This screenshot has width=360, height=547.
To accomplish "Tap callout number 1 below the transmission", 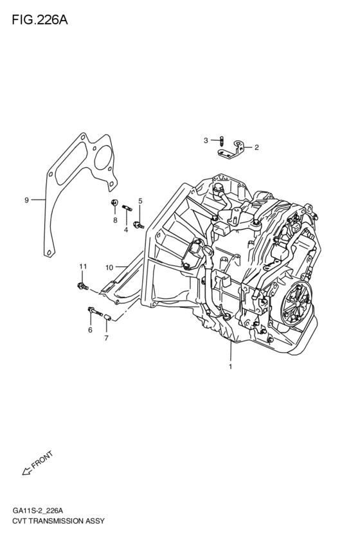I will pyautogui.click(x=230, y=368).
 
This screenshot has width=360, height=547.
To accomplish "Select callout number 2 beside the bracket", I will pyautogui.click(x=256, y=147).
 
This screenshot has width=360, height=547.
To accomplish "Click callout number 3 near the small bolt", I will pyautogui.click(x=206, y=140).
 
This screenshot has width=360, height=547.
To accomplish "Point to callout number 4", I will pyautogui.click(x=126, y=229).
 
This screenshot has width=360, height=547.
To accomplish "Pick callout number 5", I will pyautogui.click(x=140, y=201).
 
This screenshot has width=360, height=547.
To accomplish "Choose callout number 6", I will pyautogui.click(x=90, y=330).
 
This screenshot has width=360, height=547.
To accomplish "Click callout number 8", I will pyautogui.click(x=115, y=220).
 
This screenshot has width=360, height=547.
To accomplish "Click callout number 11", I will pyautogui.click(x=82, y=266).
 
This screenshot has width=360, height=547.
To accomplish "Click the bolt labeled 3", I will pyautogui.click(x=221, y=141).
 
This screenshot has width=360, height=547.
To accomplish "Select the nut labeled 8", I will pyautogui.click(x=114, y=204).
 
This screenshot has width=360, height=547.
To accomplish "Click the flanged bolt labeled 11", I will pyautogui.click(x=82, y=284).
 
